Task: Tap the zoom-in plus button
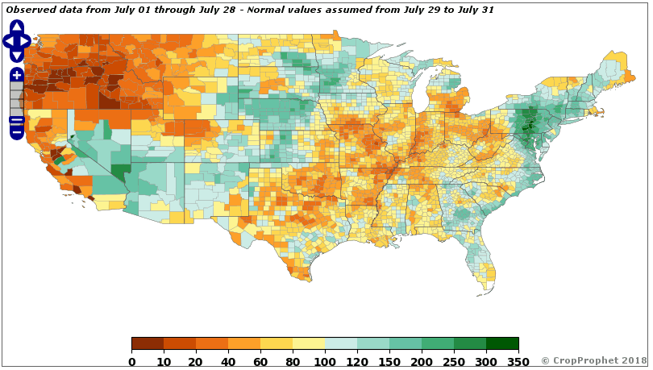coord(17,75)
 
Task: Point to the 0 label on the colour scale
coord(131,361)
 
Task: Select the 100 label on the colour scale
coord(325,361)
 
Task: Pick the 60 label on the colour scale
coord(260,361)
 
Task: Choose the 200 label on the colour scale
coord(422,361)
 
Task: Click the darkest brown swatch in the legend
coord(148,344)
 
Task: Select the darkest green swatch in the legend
coord(502,344)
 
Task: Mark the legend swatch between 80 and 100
coord(309,344)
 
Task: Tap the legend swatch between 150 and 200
coord(406,344)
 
